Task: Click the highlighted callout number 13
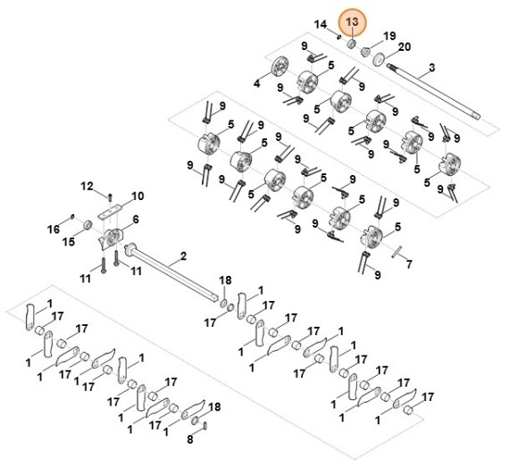click(x=352, y=21)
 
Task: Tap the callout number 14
click(x=320, y=24)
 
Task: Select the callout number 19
click(x=389, y=36)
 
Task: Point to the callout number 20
click(x=405, y=47)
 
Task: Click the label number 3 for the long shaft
click(x=432, y=68)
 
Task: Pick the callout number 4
click(x=256, y=84)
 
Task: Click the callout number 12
click(x=87, y=187)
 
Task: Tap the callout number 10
click(x=138, y=196)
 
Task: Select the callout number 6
click(x=136, y=220)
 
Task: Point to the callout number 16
click(x=54, y=229)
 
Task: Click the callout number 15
click(x=69, y=242)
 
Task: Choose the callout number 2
click(x=183, y=256)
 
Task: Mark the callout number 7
click(x=409, y=264)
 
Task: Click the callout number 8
click(x=189, y=439)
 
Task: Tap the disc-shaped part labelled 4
click(x=280, y=66)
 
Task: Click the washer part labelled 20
click(x=379, y=59)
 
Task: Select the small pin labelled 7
click(x=397, y=253)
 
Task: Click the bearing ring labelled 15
click(x=88, y=225)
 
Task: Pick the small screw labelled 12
click(x=110, y=196)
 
